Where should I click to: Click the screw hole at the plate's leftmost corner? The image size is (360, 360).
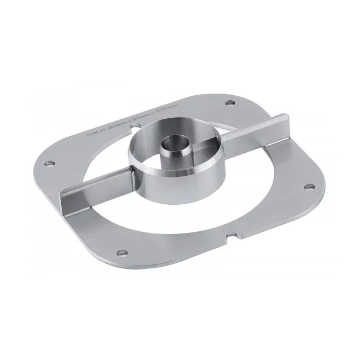[x=49, y=164]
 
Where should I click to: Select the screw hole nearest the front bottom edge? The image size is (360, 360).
[x=121, y=252]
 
